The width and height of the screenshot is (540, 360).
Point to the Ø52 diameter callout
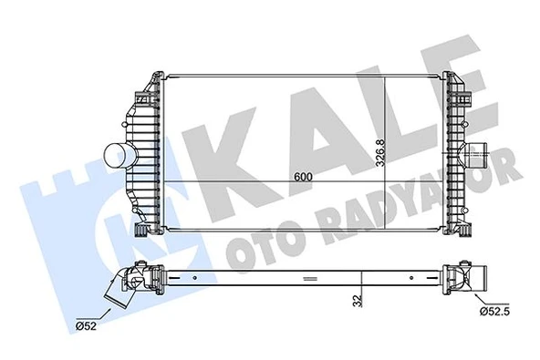(86, 324)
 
